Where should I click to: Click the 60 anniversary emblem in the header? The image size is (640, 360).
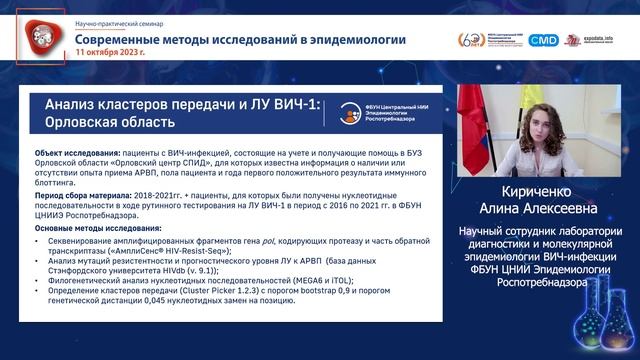tap(471, 40)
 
